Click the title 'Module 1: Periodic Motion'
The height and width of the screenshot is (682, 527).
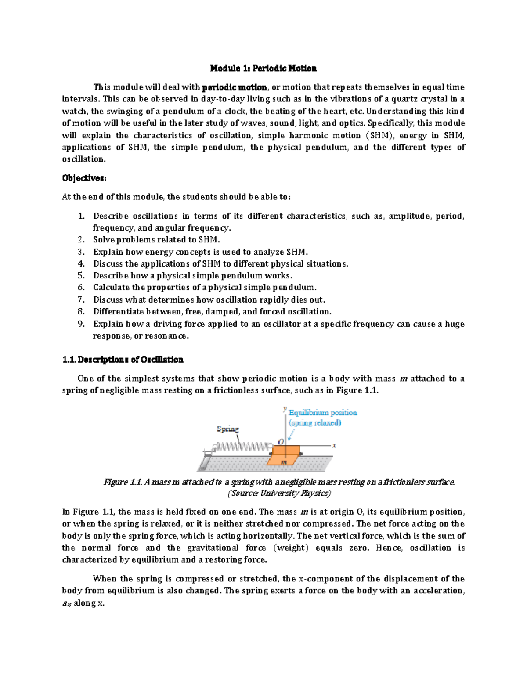click(x=263, y=68)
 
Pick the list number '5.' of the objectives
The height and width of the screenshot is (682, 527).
click(x=81, y=276)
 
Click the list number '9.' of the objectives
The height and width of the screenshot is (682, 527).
click(x=81, y=324)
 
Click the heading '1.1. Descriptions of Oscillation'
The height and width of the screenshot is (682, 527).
click(x=123, y=360)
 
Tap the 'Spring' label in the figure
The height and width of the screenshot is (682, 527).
click(x=227, y=429)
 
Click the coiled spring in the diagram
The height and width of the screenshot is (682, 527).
click(x=242, y=447)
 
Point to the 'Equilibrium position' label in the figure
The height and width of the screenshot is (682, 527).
click(x=323, y=413)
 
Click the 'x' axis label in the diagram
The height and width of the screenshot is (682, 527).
click(x=334, y=445)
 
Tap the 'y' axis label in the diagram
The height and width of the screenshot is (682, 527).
click(x=285, y=409)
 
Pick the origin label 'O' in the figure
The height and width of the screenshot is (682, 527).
click(x=281, y=442)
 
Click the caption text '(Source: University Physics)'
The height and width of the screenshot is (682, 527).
click(x=279, y=493)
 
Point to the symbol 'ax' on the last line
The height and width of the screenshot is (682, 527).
click(x=66, y=603)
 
